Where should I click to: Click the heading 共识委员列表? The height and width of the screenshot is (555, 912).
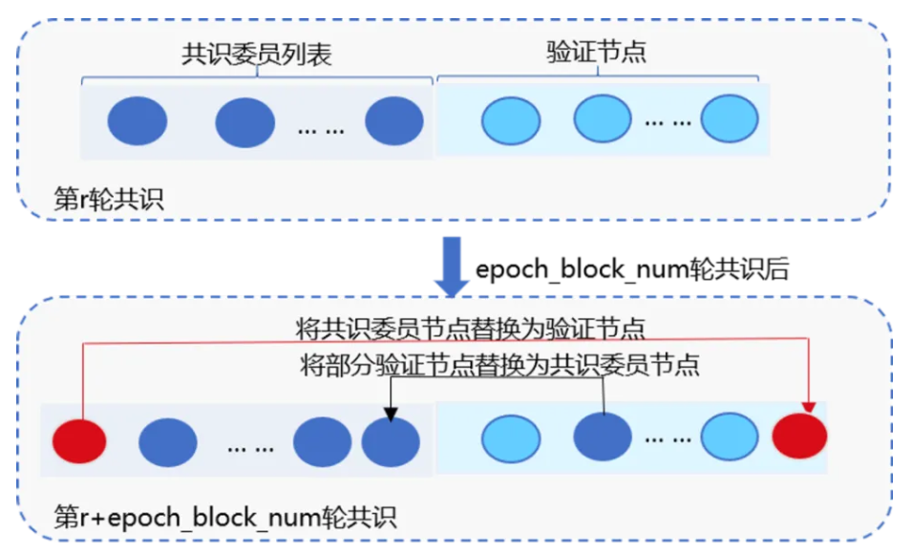tap(257, 54)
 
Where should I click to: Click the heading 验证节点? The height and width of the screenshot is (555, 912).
tap(596, 52)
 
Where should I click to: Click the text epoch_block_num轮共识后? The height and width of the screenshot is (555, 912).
tap(632, 269)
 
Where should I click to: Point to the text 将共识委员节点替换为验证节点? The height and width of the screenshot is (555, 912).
tap(471, 330)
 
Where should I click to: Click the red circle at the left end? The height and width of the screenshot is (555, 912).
tap(79, 441)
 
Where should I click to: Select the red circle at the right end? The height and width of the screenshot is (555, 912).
tap(799, 437)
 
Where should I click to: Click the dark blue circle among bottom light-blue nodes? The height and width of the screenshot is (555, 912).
tap(604, 436)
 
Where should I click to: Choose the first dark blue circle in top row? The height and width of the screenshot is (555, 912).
tap(137, 121)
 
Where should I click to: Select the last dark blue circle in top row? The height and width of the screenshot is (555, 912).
tap(394, 121)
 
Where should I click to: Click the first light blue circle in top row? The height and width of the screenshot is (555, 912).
tap(511, 121)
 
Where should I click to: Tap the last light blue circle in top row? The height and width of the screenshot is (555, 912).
tap(730, 119)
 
